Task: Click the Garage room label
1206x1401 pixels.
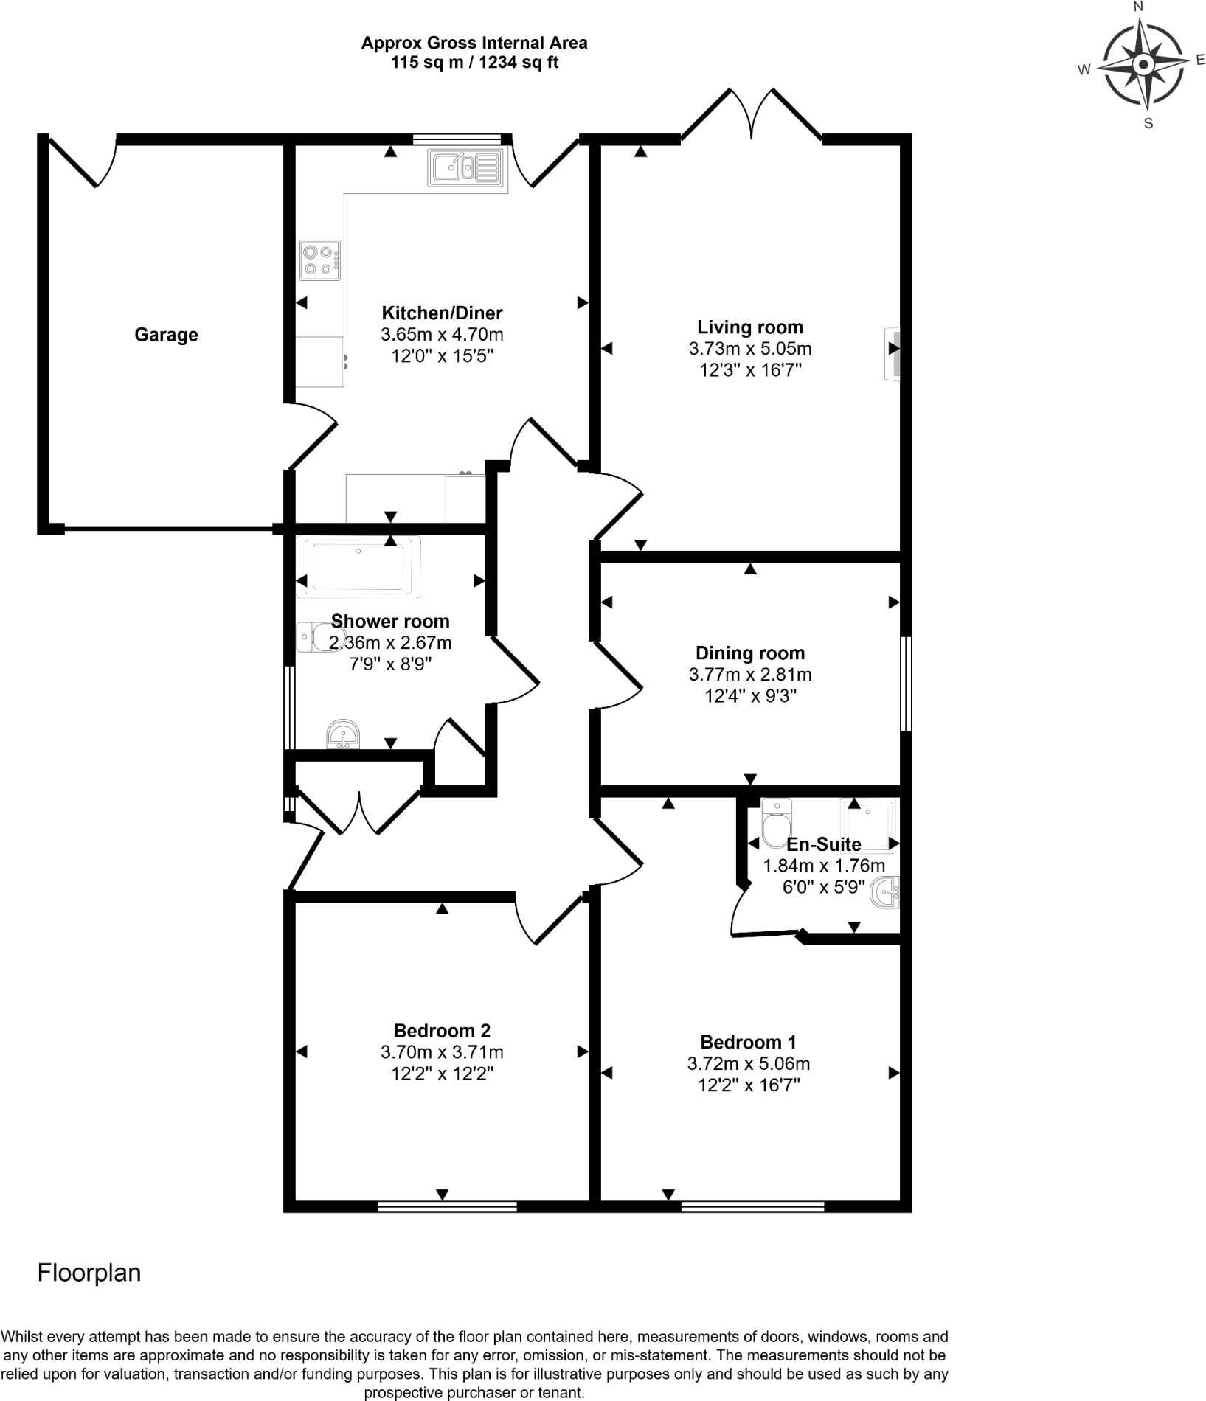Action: [x=166, y=335]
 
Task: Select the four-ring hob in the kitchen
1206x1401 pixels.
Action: [x=320, y=260]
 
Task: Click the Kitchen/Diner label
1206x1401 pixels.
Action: [x=442, y=313]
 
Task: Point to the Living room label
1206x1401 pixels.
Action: [x=750, y=327]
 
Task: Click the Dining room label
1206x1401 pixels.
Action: [x=750, y=653]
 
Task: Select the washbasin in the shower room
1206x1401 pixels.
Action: [x=343, y=734]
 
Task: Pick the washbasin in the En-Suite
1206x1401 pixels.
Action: [x=885, y=894]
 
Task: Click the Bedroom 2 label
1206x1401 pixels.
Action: [x=442, y=1031]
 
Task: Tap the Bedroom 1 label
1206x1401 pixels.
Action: [x=749, y=1043]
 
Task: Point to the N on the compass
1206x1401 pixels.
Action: [x=1138, y=7]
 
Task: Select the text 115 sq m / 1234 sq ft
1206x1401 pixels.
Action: [x=474, y=63]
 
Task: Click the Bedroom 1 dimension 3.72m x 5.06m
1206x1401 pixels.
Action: [x=749, y=1064]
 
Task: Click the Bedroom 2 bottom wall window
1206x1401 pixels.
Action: [x=447, y=1207]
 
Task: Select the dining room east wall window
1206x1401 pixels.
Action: [x=907, y=684]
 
